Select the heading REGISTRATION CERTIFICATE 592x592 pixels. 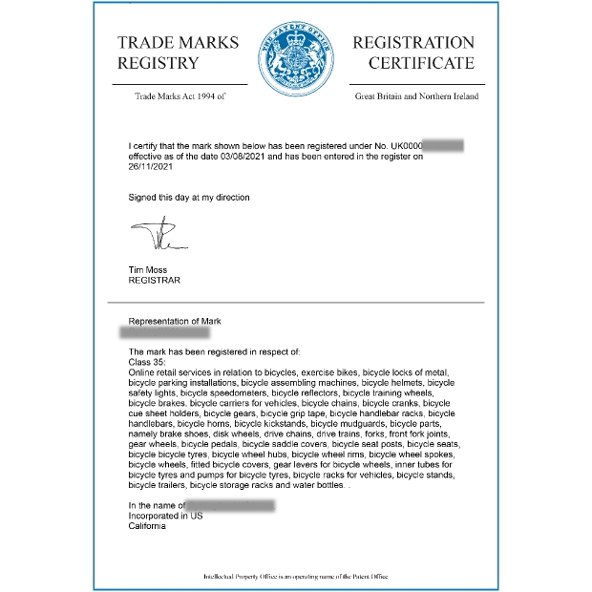[x=413, y=53]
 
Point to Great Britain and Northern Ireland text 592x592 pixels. [x=416, y=96]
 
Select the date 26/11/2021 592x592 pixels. [x=150, y=166]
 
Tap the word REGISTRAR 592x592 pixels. [x=154, y=281]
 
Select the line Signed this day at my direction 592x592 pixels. [x=189, y=198]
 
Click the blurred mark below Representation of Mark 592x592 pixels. [x=164, y=334]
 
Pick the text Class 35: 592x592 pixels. [x=146, y=362]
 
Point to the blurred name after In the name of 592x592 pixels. [x=230, y=505]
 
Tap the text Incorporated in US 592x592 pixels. [x=166, y=516]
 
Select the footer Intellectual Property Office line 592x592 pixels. [x=296, y=578]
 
